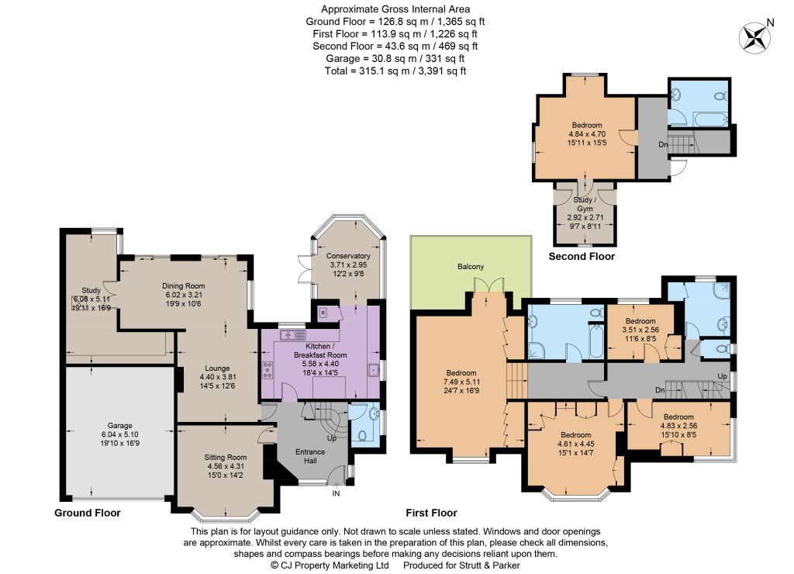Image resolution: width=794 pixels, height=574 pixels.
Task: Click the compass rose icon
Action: (x=755, y=38)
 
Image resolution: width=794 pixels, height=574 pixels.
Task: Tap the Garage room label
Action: (x=119, y=426)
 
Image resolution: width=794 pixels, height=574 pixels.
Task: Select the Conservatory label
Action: (x=348, y=256)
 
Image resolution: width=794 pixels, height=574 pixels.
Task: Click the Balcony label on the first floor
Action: (x=471, y=267)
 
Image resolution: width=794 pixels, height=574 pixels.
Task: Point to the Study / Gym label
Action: (x=585, y=204)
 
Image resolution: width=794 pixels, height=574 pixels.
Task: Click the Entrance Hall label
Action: (x=310, y=456)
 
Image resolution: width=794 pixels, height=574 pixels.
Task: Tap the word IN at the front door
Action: (x=337, y=493)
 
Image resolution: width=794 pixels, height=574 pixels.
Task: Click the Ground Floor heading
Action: (x=88, y=513)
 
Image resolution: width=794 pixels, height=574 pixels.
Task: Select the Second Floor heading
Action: (x=582, y=256)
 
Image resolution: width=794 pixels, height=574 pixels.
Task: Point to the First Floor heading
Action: (x=431, y=513)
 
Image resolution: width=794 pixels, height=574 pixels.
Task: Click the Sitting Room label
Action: (x=226, y=457)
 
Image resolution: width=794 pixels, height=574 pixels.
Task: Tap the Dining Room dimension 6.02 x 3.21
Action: (x=183, y=294)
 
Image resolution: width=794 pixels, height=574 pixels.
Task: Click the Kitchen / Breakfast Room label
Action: (x=320, y=351)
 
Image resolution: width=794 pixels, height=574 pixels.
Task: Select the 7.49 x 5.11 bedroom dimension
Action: (x=461, y=382)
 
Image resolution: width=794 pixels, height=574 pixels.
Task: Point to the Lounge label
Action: (x=217, y=368)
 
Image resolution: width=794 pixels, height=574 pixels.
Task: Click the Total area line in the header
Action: (x=395, y=71)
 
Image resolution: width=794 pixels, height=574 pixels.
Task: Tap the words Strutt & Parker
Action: (x=490, y=565)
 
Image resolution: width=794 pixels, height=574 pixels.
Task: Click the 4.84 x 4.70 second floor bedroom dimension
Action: (x=588, y=134)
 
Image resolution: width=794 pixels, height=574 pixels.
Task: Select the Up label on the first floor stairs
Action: (x=723, y=376)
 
